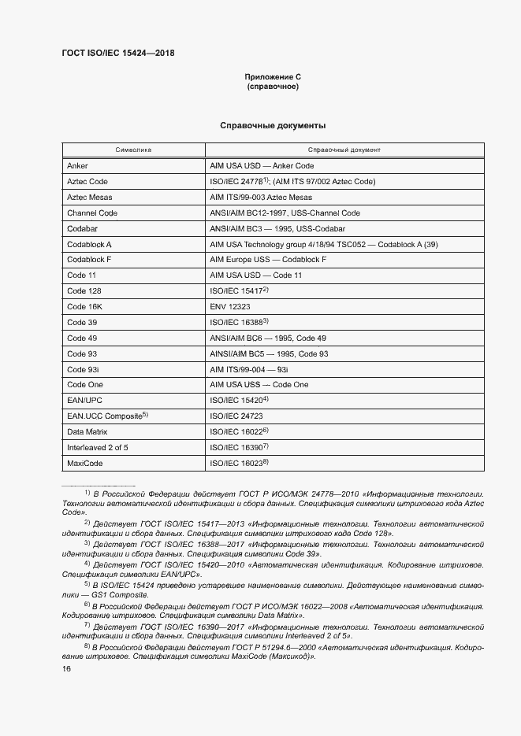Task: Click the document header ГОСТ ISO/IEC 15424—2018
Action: pos(117,54)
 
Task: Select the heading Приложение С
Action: pos(273,76)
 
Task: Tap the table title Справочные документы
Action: pos(273,125)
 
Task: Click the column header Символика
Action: pos(133,149)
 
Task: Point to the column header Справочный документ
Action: pos(344,149)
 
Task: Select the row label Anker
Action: pos(78,166)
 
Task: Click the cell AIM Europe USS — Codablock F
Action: pos(268,260)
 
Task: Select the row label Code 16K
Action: pos(85,307)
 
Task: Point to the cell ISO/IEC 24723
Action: pos(236,416)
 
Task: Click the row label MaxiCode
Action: pos(85,463)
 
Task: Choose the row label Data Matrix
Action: pos(87,431)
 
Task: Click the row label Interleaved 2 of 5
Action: pos(98,447)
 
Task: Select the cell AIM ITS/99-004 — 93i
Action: pos(249,369)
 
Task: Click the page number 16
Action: pos(67,668)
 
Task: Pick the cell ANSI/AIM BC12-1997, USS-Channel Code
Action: pos(285,213)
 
